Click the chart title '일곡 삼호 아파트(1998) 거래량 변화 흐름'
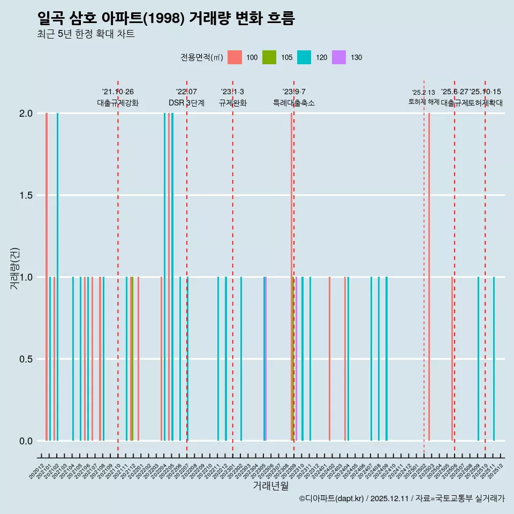click(166, 18)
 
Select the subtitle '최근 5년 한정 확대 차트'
click(86, 34)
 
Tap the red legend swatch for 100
click(235, 57)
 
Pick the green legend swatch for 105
click(269, 57)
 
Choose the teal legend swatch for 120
click(304, 57)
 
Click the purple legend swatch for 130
click(339, 57)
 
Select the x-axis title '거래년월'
click(270, 486)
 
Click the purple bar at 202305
click(266, 359)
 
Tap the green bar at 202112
click(132, 359)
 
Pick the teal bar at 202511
click(494, 359)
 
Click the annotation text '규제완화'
click(232, 103)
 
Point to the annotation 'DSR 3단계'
click(186, 103)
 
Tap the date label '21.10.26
click(118, 92)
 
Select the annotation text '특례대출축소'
click(294, 103)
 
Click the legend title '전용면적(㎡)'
click(201, 57)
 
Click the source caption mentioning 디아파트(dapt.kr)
click(402, 498)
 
